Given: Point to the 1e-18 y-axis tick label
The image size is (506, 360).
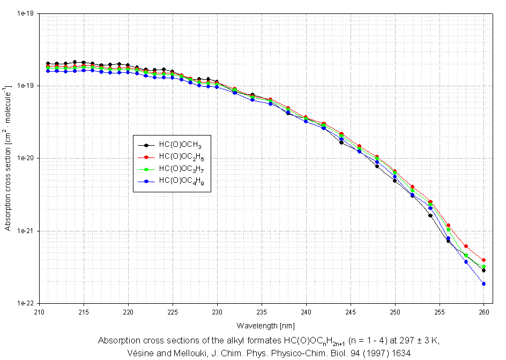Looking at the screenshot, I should [x=26, y=13].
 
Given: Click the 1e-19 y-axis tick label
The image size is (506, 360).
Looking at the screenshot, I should [x=26, y=86].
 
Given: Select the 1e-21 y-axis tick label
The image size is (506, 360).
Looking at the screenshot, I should [x=26, y=231].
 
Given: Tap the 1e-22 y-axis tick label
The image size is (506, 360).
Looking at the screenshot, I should [x=26, y=303].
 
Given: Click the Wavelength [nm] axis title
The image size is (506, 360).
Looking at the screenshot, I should [x=261, y=325].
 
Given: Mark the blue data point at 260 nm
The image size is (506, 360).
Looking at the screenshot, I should [x=483, y=284].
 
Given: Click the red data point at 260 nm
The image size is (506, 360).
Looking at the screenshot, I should [x=483, y=260].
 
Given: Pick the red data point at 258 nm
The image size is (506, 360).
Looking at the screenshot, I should [x=466, y=246].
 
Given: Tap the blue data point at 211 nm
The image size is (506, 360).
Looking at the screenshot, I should [x=48, y=71].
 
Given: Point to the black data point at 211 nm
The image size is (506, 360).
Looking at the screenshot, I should [x=48, y=64].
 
